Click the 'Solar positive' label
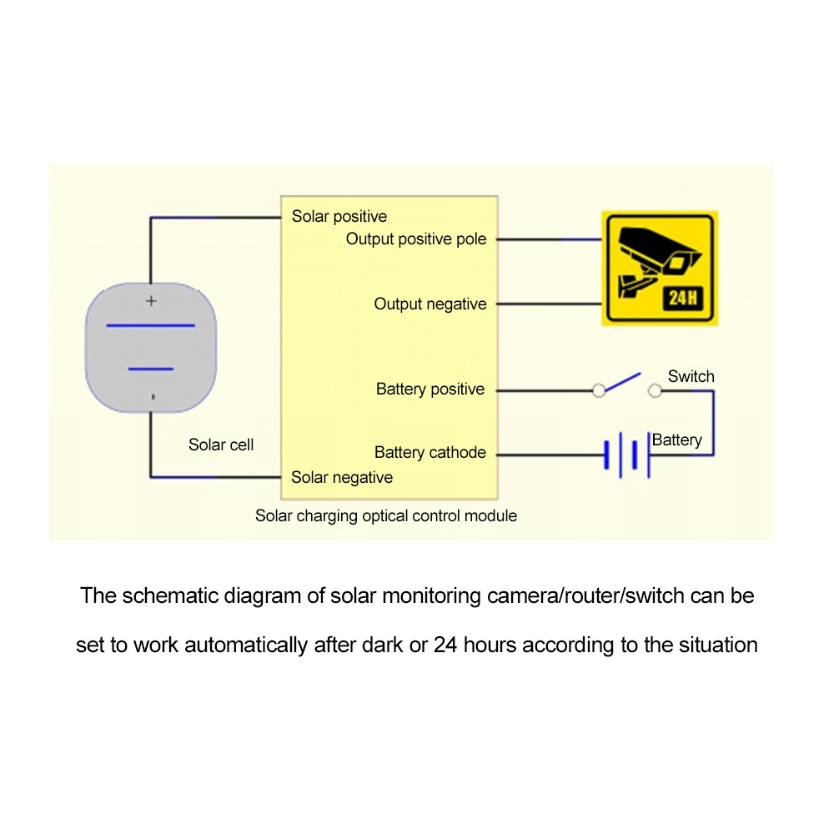pyautogui.click(x=339, y=217)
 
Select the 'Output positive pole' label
pyautogui.click(x=416, y=239)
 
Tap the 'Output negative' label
pyautogui.click(x=430, y=304)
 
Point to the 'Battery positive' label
pyautogui.click(x=430, y=389)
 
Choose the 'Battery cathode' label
pyautogui.click(x=430, y=453)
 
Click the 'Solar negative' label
pyautogui.click(x=342, y=478)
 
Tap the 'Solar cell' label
pyautogui.click(x=221, y=445)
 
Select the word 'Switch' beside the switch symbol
pyautogui.click(x=691, y=377)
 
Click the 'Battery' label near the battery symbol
pyautogui.click(x=676, y=440)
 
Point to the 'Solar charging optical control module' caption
pyautogui.click(x=386, y=516)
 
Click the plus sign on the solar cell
pyautogui.click(x=151, y=301)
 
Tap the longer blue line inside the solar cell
pyautogui.click(x=150, y=325)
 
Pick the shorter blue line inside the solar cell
pyautogui.click(x=151, y=369)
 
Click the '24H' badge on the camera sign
pyautogui.click(x=682, y=298)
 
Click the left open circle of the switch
pyautogui.click(x=599, y=391)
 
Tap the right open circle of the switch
pyautogui.click(x=655, y=391)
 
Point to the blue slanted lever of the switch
pyautogui.click(x=623, y=382)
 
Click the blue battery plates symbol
pyautogui.click(x=627, y=455)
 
